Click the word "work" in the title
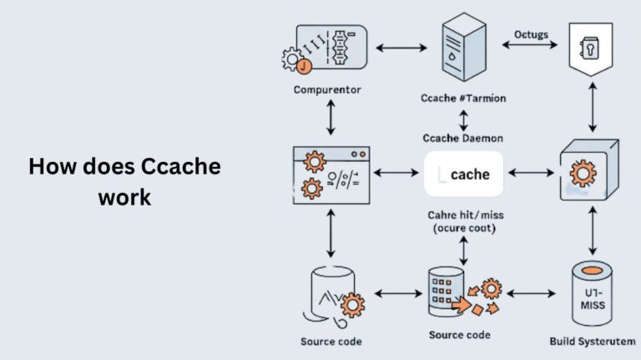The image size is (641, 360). tap(124, 198)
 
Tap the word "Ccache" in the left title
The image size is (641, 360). tap(180, 166)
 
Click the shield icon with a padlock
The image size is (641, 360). tap(591, 50)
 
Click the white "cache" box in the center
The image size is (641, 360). tap(464, 175)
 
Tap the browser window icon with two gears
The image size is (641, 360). tap(331, 175)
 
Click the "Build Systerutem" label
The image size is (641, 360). tap(591, 342)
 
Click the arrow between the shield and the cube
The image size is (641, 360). tap(591, 108)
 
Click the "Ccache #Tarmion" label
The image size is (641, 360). tap(464, 99)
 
